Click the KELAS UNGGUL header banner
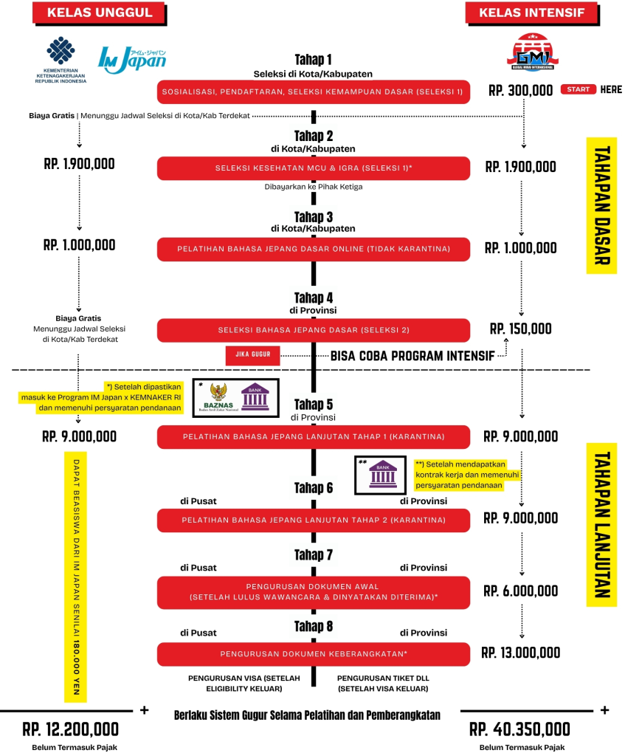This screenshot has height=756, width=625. [100, 13]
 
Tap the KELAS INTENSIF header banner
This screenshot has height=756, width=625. [531, 13]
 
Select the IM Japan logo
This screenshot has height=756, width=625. [132, 60]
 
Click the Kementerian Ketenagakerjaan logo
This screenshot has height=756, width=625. [61, 60]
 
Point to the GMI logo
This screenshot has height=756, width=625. [533, 52]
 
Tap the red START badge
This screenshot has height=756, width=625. [579, 89]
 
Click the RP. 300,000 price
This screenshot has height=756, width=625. [520, 90]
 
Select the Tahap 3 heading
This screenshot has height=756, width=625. [314, 217]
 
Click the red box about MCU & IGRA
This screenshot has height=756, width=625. [313, 168]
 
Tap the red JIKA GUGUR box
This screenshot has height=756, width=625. [253, 354]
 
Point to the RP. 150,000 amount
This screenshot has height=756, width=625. [520, 329]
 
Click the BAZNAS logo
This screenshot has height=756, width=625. [218, 398]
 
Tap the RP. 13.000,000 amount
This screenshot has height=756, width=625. [520, 653]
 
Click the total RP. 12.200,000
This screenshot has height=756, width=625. [70, 729]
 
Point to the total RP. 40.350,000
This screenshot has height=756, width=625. [519, 729]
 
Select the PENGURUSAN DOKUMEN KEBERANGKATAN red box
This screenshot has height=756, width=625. [313, 654]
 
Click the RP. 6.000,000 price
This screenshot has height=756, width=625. [520, 591]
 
